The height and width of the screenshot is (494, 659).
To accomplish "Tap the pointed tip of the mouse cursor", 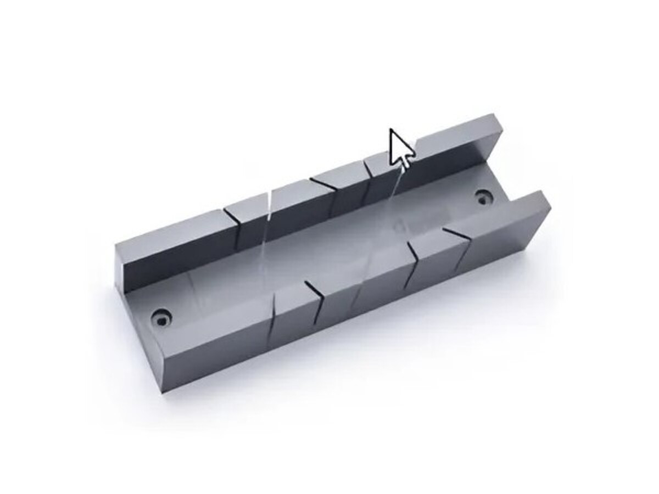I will pyautogui.click(x=391, y=130).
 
